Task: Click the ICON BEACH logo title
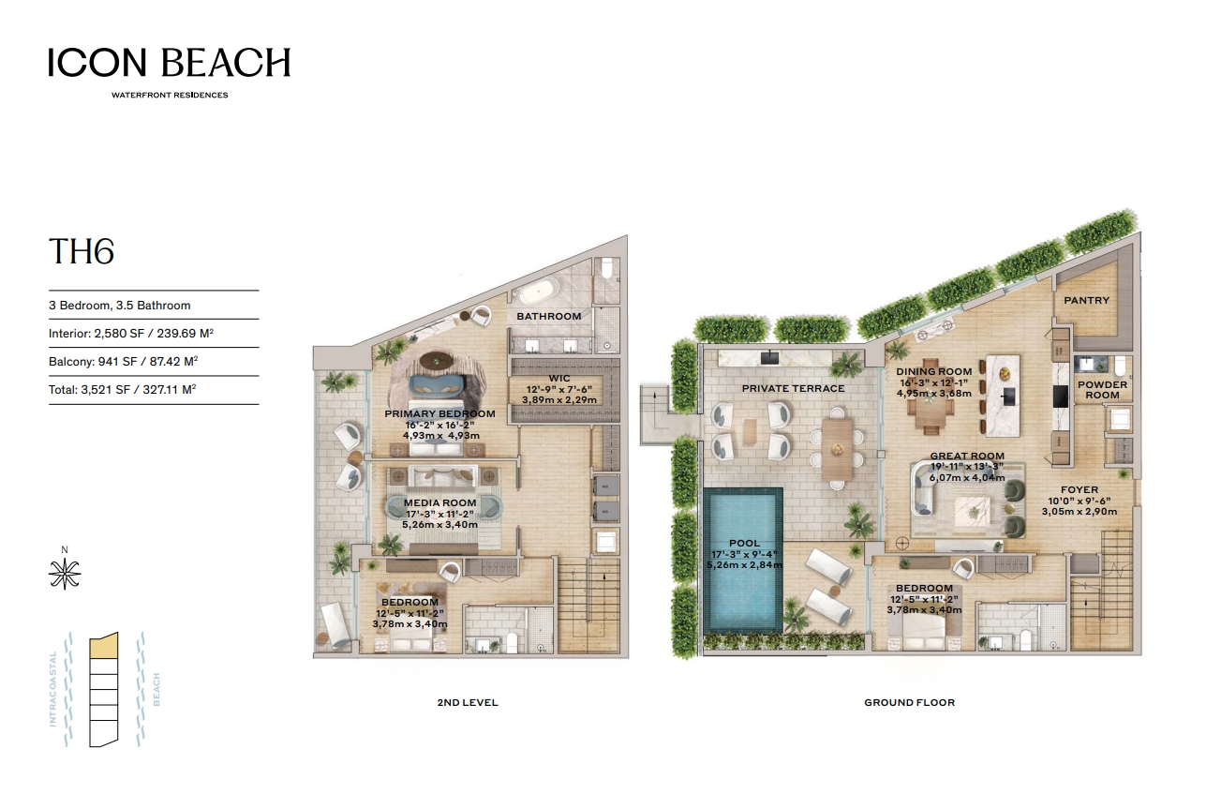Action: tap(169, 62)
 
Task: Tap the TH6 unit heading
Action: tap(82, 251)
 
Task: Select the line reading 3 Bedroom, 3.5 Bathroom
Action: tap(119, 306)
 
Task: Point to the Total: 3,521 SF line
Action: tap(122, 390)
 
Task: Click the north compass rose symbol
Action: tap(65, 574)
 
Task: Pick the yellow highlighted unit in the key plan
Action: tap(104, 646)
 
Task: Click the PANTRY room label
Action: tap(1086, 300)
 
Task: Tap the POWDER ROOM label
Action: tap(1102, 390)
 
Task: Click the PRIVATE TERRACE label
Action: tap(793, 389)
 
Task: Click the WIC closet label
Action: tap(559, 379)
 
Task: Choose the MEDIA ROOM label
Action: tap(439, 503)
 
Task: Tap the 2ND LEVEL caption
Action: tap(468, 703)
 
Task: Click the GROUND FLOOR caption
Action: tap(909, 703)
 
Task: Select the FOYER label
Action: tap(1080, 490)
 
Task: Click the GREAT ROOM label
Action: tap(967, 457)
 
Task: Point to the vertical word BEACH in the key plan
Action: tap(156, 690)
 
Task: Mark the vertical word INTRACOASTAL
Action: tap(52, 689)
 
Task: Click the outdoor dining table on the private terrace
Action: tap(837, 449)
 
